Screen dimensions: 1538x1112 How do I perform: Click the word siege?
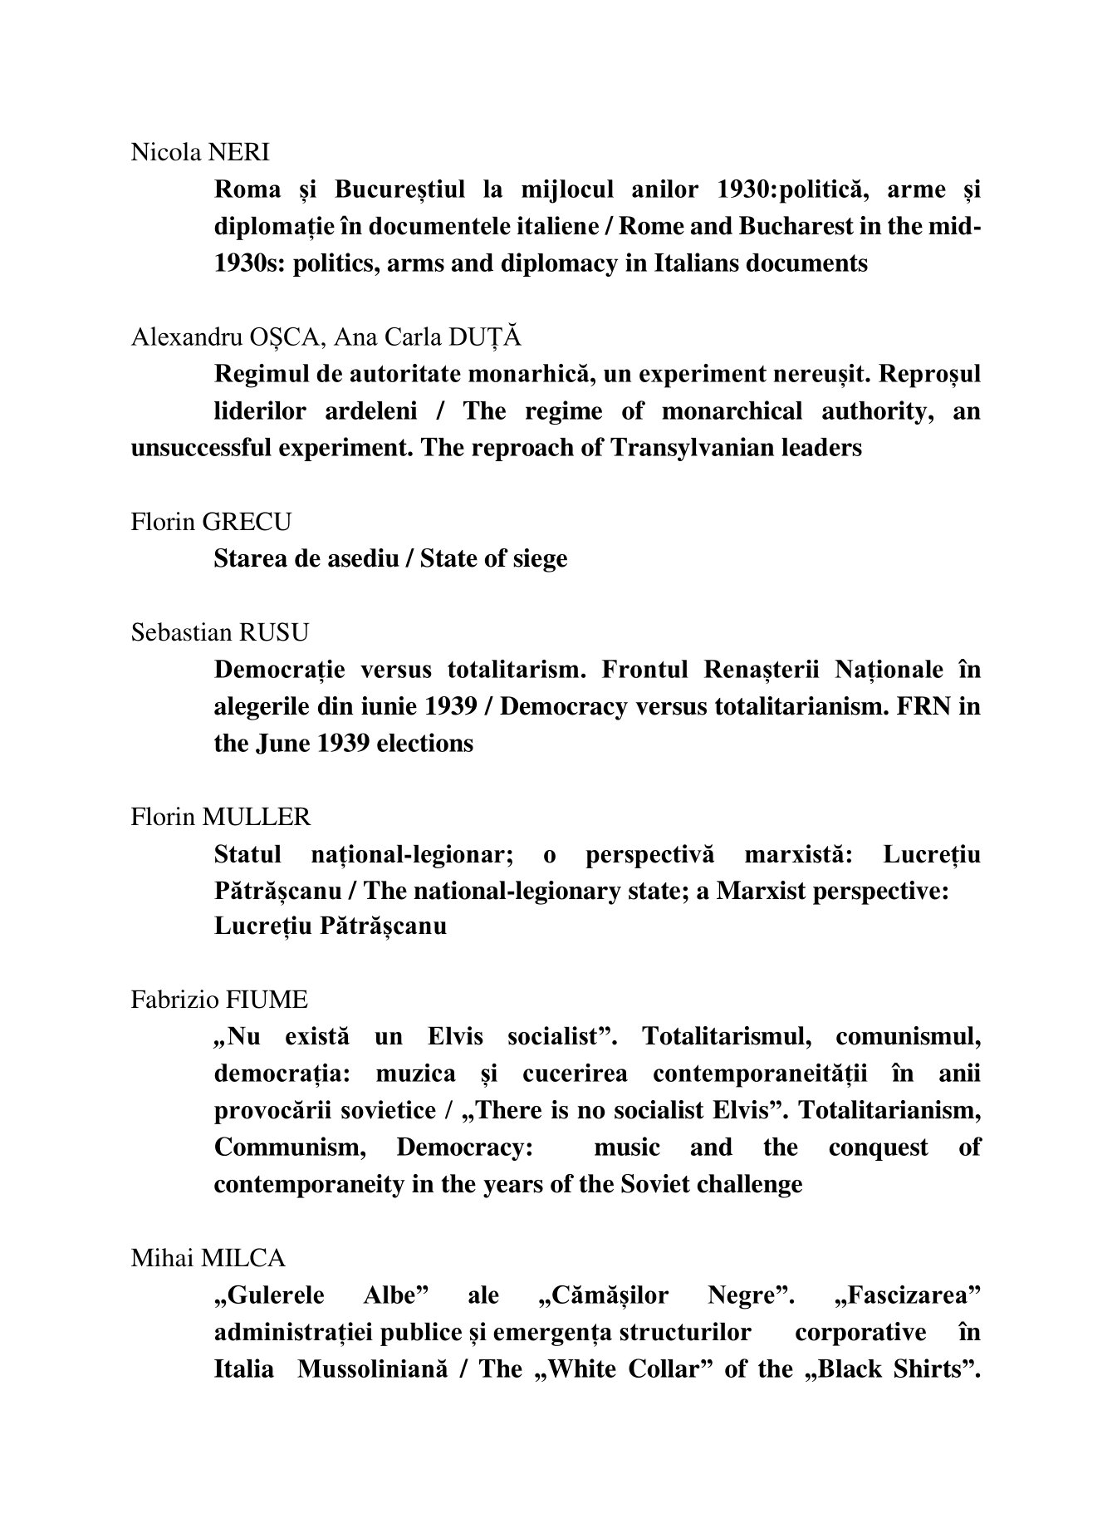539,558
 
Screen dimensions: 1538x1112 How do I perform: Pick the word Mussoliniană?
373,1368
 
